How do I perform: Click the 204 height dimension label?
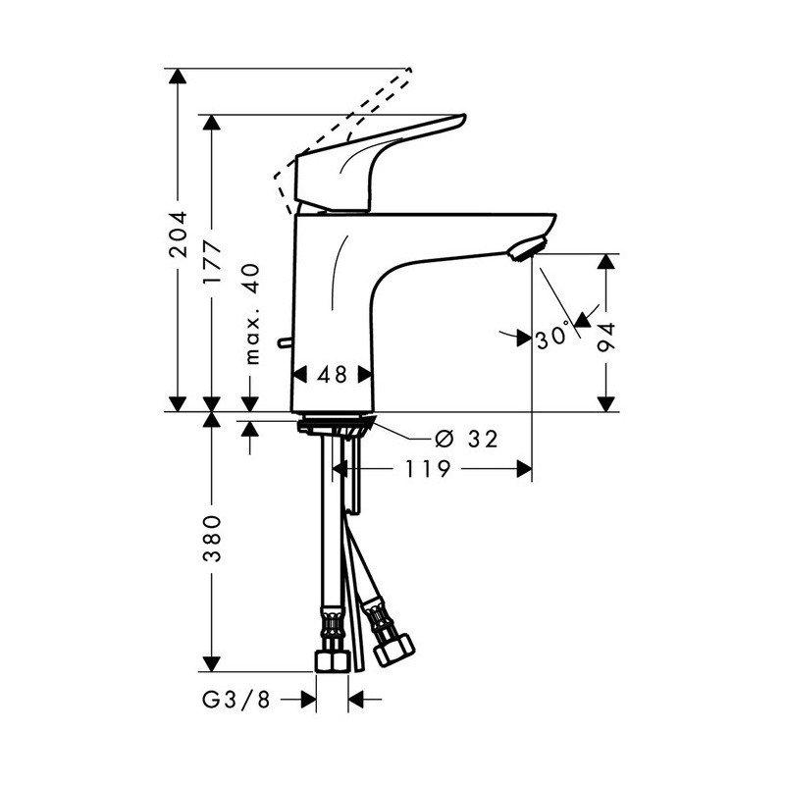178,235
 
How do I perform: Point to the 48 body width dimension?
333,374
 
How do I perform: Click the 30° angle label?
553,337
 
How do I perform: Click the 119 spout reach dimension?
425,470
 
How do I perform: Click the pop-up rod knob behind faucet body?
284,343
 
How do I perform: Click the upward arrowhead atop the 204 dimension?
178,78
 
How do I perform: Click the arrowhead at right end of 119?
525,470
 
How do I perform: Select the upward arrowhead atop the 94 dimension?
608,262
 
